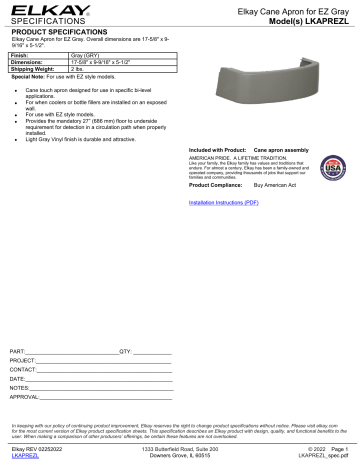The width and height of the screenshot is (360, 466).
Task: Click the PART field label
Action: click(17, 353)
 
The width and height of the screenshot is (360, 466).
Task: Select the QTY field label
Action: click(125, 353)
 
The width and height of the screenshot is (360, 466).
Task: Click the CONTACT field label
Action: click(23, 371)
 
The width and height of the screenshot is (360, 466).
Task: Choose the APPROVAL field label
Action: click(25, 397)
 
